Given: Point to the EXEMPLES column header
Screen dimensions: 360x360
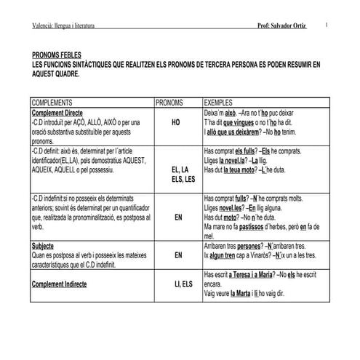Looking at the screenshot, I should click(x=222, y=103).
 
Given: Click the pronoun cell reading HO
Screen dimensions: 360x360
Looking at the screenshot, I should click(x=176, y=124).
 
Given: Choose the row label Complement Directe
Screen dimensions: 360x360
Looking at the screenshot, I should click(x=60, y=113).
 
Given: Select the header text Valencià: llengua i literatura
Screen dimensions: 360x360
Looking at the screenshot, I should click(x=64, y=26).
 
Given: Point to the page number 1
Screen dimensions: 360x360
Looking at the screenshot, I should click(x=328, y=25).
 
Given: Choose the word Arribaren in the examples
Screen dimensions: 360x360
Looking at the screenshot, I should click(x=219, y=247).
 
